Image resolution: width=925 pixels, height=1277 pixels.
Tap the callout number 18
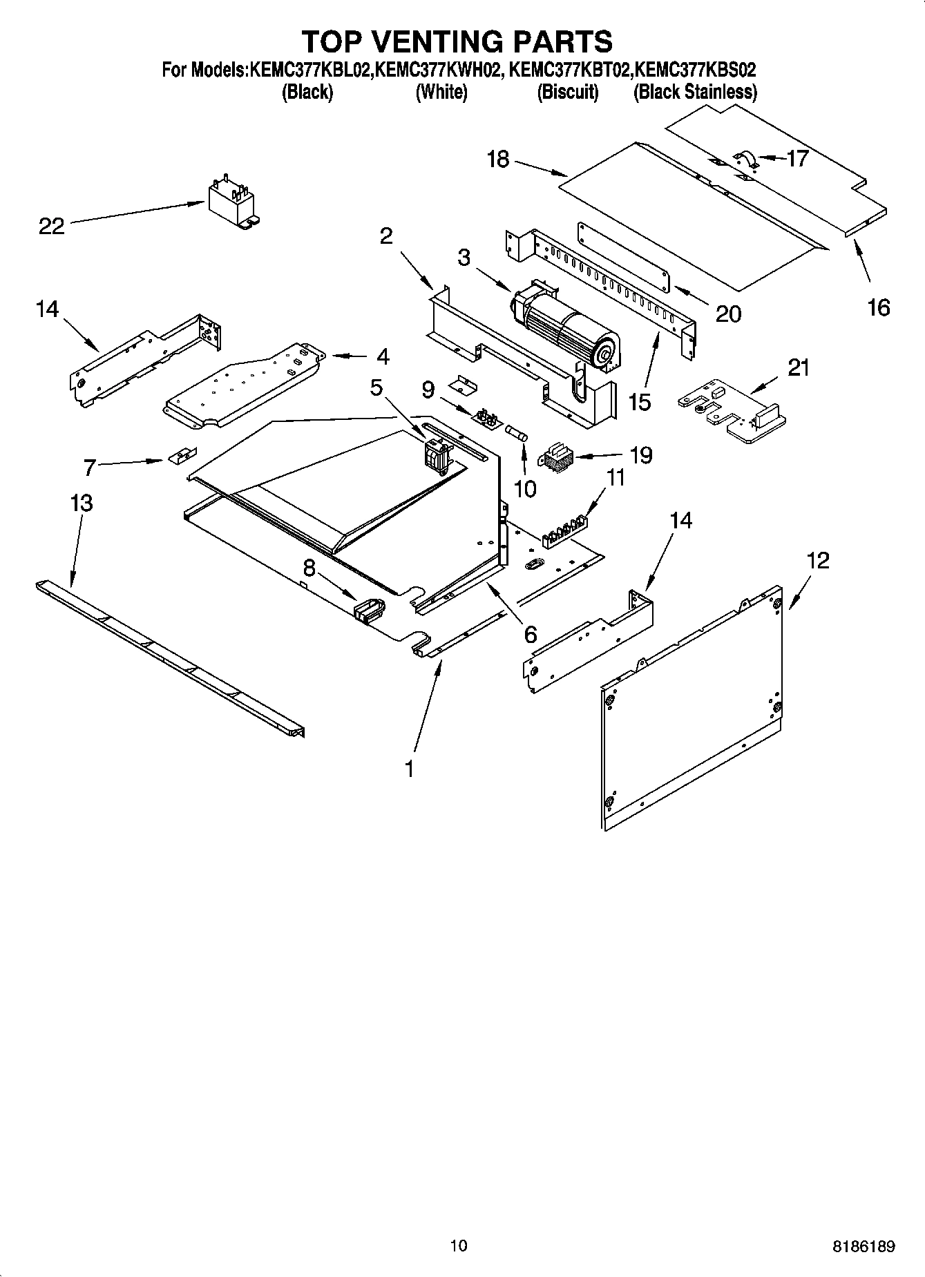click(x=497, y=160)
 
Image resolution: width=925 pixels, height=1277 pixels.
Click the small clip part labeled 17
click(x=747, y=160)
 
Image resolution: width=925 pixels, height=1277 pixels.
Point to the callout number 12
click(x=817, y=560)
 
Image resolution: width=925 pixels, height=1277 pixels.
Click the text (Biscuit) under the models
click(x=568, y=92)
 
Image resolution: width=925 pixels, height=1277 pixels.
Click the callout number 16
click(x=878, y=307)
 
